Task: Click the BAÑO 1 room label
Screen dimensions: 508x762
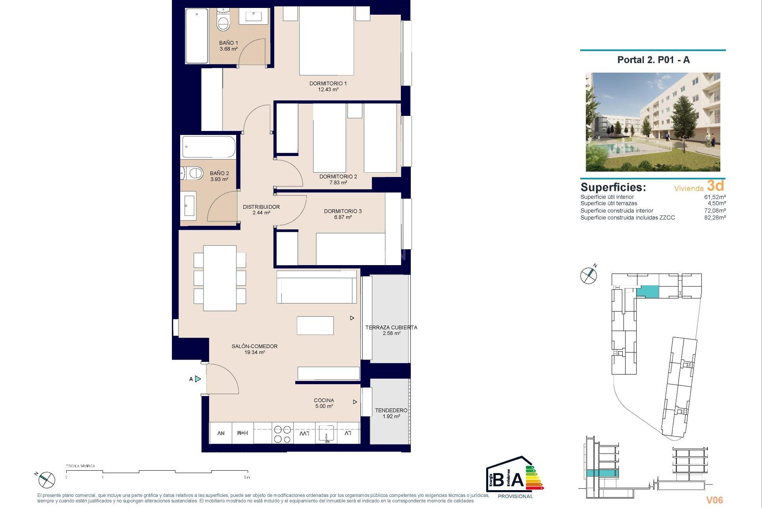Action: coord(228,43)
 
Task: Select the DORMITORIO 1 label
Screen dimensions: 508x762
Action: coord(328,83)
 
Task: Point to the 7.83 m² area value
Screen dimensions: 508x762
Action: coord(338,183)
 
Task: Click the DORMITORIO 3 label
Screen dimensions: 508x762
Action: coord(343,211)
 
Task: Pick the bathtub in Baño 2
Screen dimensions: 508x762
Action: coord(208,147)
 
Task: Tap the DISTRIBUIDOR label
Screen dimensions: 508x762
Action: coord(261,207)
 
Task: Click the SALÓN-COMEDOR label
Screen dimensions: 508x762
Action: coord(254,346)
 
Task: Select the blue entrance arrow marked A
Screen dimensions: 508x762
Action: coord(198,379)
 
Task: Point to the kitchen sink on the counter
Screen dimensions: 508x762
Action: coord(326,434)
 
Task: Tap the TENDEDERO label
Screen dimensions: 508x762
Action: coord(391,410)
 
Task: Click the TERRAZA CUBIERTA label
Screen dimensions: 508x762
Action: coord(391,327)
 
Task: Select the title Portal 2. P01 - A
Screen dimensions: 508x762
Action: coord(653,60)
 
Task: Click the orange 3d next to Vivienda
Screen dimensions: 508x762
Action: coord(715,186)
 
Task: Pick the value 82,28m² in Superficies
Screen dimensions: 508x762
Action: coord(715,217)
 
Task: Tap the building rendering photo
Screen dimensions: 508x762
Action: coord(653,122)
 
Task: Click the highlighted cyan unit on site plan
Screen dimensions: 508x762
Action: coord(647,292)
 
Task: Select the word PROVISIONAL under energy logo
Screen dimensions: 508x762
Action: coord(515,496)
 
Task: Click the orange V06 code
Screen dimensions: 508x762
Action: coord(714,500)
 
